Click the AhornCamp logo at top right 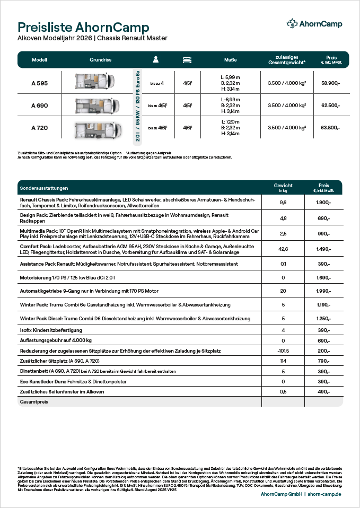pyautogui.click(x=314, y=24)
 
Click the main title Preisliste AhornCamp pyautogui.click(x=84, y=28)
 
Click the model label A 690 pyautogui.click(x=40, y=106)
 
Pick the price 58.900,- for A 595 pyautogui.click(x=331, y=83)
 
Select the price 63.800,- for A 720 pyautogui.click(x=331, y=128)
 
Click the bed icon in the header pyautogui.click(x=187, y=60)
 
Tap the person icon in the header pyautogui.click(x=156, y=60)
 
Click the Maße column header pyautogui.click(x=230, y=60)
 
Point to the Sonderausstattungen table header pyautogui.click(x=44, y=188)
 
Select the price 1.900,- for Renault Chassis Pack pyautogui.click(x=323, y=203)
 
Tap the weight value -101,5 pyautogui.click(x=283, y=351)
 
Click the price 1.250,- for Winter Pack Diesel pyautogui.click(x=323, y=318)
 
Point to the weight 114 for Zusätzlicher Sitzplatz pyautogui.click(x=283, y=361)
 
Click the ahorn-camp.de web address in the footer pyautogui.click(x=324, y=494)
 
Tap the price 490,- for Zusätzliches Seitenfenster pyautogui.click(x=323, y=392)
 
